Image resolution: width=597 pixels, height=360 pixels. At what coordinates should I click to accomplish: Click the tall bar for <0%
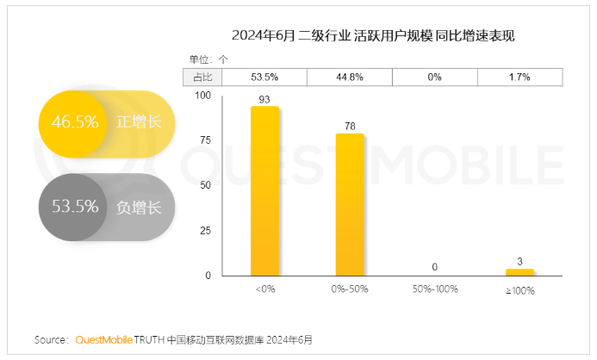[264, 190]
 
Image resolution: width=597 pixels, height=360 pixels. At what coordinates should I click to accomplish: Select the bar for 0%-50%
[349, 204]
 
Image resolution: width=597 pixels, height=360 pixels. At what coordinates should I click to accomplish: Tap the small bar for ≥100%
[519, 272]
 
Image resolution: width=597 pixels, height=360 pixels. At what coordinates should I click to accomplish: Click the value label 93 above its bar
[264, 98]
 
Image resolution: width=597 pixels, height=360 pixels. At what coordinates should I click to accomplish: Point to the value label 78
[349, 126]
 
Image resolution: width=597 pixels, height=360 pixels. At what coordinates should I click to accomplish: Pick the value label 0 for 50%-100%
[434, 267]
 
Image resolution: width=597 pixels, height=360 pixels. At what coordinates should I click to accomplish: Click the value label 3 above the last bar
[519, 261]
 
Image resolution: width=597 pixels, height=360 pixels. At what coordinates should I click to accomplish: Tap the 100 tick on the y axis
[204, 95]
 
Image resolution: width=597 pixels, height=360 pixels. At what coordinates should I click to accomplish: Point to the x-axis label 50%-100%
[434, 290]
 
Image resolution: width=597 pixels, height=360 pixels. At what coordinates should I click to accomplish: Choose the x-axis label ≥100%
[519, 290]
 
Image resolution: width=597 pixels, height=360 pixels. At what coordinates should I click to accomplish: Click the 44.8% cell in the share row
[349, 78]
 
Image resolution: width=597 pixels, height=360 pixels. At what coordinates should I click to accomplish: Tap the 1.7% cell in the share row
[519, 78]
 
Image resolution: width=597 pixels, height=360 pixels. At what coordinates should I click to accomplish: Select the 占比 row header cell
[202, 78]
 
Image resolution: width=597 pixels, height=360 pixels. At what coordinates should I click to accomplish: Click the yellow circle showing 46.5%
[73, 122]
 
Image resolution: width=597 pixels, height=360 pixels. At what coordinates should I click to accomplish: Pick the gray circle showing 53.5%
[73, 207]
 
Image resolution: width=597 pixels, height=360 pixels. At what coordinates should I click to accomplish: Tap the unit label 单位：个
[209, 59]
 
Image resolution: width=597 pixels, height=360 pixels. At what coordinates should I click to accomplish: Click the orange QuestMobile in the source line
[104, 340]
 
